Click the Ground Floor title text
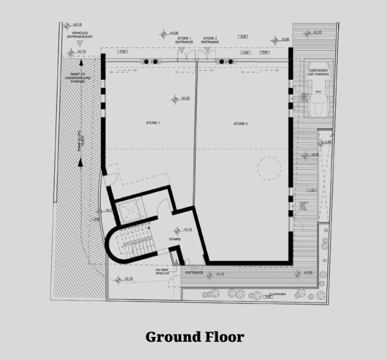[195, 336]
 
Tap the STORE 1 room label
[152, 123]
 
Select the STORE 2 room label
[240, 124]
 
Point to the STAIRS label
[175, 239]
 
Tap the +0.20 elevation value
[185, 98]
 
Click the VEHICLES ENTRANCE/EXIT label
[80, 35]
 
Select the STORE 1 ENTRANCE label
[184, 40]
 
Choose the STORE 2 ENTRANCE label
[210, 40]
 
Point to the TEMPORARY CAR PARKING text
[318, 72]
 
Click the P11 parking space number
[318, 92]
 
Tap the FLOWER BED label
[277, 293]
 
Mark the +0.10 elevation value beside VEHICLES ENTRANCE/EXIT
[77, 24]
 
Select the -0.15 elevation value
[317, 32]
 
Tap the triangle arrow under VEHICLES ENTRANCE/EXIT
[79, 44]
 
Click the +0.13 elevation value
[81, 51]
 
